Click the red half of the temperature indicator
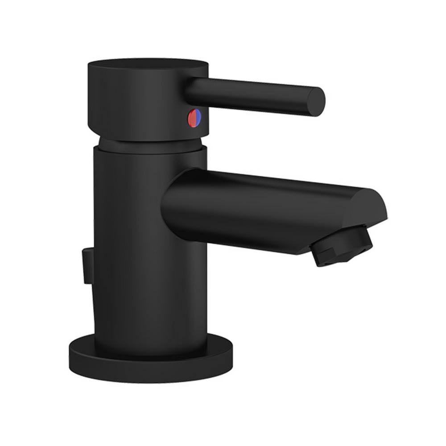[x=193, y=118]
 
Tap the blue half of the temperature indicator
[x=198, y=118]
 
